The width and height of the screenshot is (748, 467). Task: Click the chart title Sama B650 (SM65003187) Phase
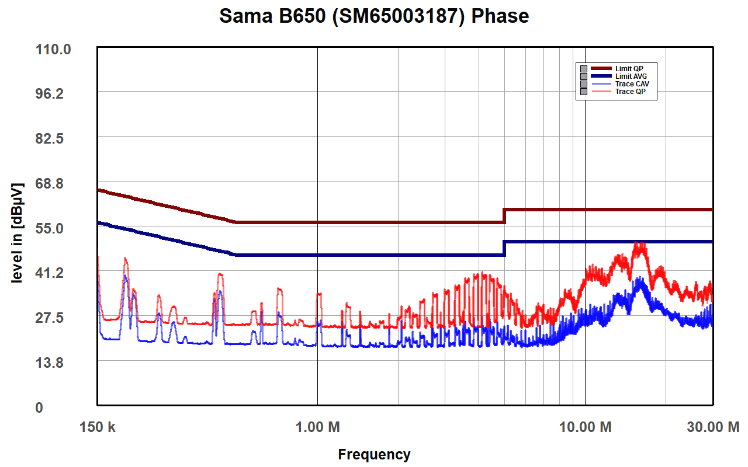pos(374,16)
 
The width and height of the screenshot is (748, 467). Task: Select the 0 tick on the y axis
pos(39,407)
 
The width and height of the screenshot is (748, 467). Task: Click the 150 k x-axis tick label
pos(97,427)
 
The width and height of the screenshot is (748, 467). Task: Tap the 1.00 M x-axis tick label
pos(317,427)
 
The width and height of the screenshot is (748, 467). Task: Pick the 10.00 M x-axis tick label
pos(585,427)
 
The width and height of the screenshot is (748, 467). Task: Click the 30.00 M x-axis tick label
pos(712,427)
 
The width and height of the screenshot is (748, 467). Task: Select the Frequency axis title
pos(374,454)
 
